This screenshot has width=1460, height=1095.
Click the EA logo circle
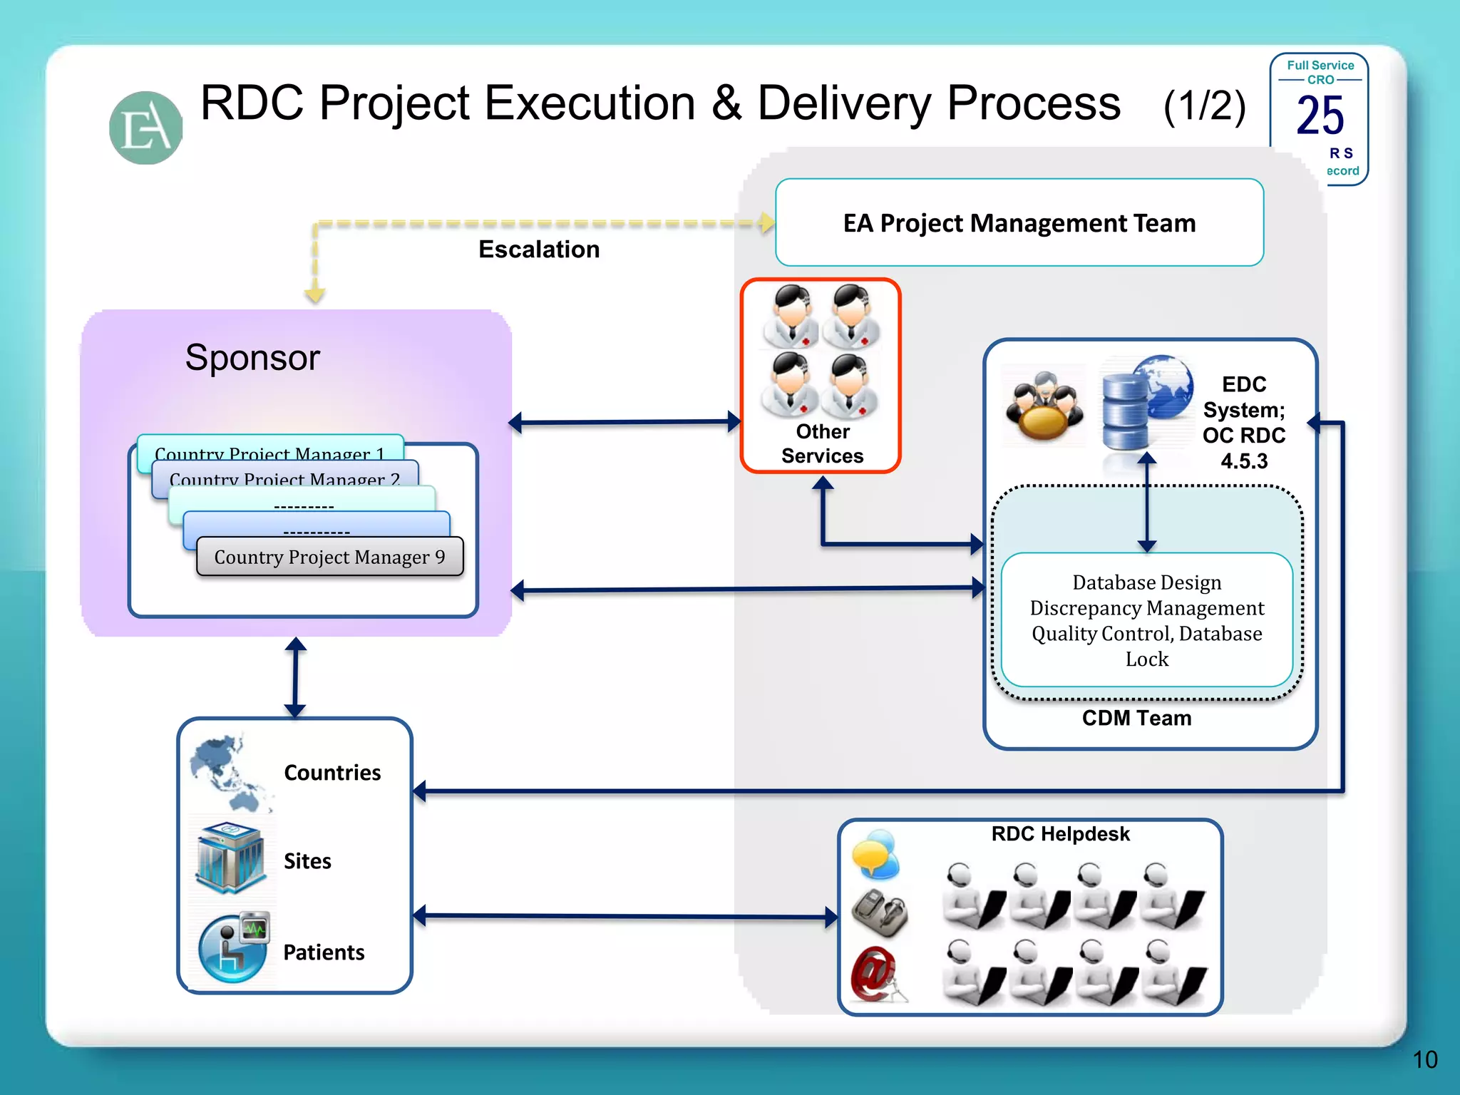146,128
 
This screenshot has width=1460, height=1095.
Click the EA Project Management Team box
1019,222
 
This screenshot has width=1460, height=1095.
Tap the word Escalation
539,250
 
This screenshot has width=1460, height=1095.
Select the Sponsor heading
252,357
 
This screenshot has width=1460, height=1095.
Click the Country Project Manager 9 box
329,557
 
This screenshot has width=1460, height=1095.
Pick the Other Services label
822,443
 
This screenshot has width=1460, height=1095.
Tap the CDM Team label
1136,718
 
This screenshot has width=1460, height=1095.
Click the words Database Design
1146,582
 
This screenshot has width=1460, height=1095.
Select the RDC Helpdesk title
1060,834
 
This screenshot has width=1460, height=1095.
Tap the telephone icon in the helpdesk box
880,912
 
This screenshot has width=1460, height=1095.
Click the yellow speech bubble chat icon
876,854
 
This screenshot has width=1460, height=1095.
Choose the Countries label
332,773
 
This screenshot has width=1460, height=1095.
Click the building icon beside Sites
230,858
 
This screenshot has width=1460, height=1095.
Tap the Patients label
324,952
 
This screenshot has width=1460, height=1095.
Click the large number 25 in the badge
1320,115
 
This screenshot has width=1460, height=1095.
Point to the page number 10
1424,1059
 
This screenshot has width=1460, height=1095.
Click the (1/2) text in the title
1204,106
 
